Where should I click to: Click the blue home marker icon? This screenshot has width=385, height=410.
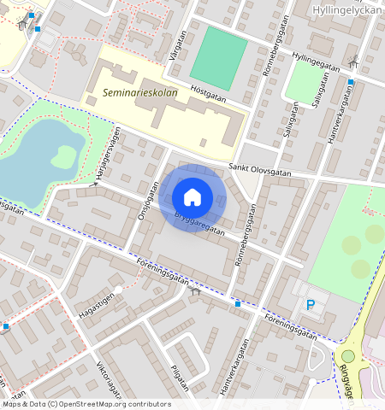(192, 197)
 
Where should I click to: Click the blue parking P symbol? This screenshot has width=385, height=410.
(311, 305)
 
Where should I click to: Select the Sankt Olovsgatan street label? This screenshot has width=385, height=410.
(261, 172)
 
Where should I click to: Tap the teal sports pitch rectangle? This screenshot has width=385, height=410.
(218, 53)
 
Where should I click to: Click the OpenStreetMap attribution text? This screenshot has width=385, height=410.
(86, 404)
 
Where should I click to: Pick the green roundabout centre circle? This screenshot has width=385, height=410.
(348, 356)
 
